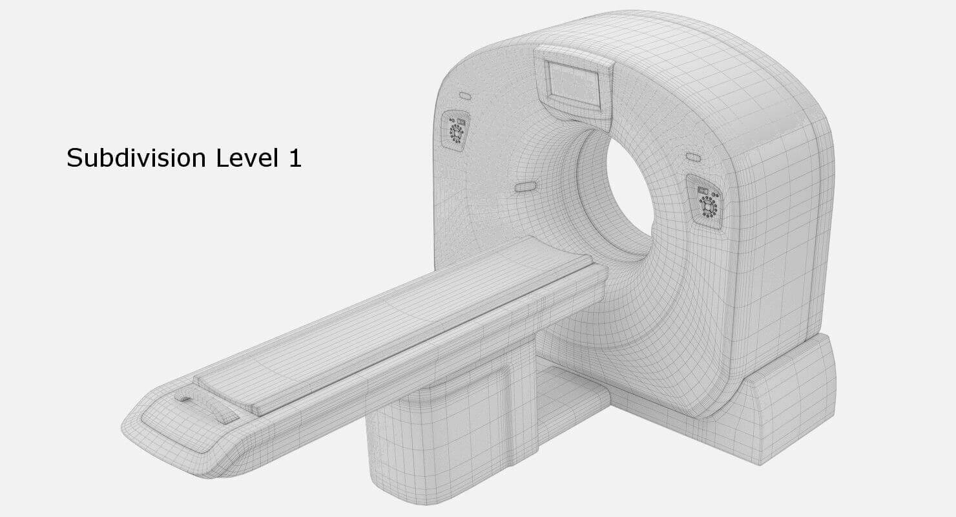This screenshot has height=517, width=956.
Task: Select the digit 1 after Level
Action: [x=295, y=158]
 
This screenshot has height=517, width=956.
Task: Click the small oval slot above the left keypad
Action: [x=465, y=96]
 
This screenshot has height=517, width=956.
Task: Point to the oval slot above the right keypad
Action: [x=693, y=157]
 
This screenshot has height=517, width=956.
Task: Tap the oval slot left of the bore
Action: [x=525, y=187]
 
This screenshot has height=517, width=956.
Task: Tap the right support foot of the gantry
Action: [x=785, y=407]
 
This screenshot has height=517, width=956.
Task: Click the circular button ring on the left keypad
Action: [x=456, y=132]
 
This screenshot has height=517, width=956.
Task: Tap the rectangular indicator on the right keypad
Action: [x=703, y=191]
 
